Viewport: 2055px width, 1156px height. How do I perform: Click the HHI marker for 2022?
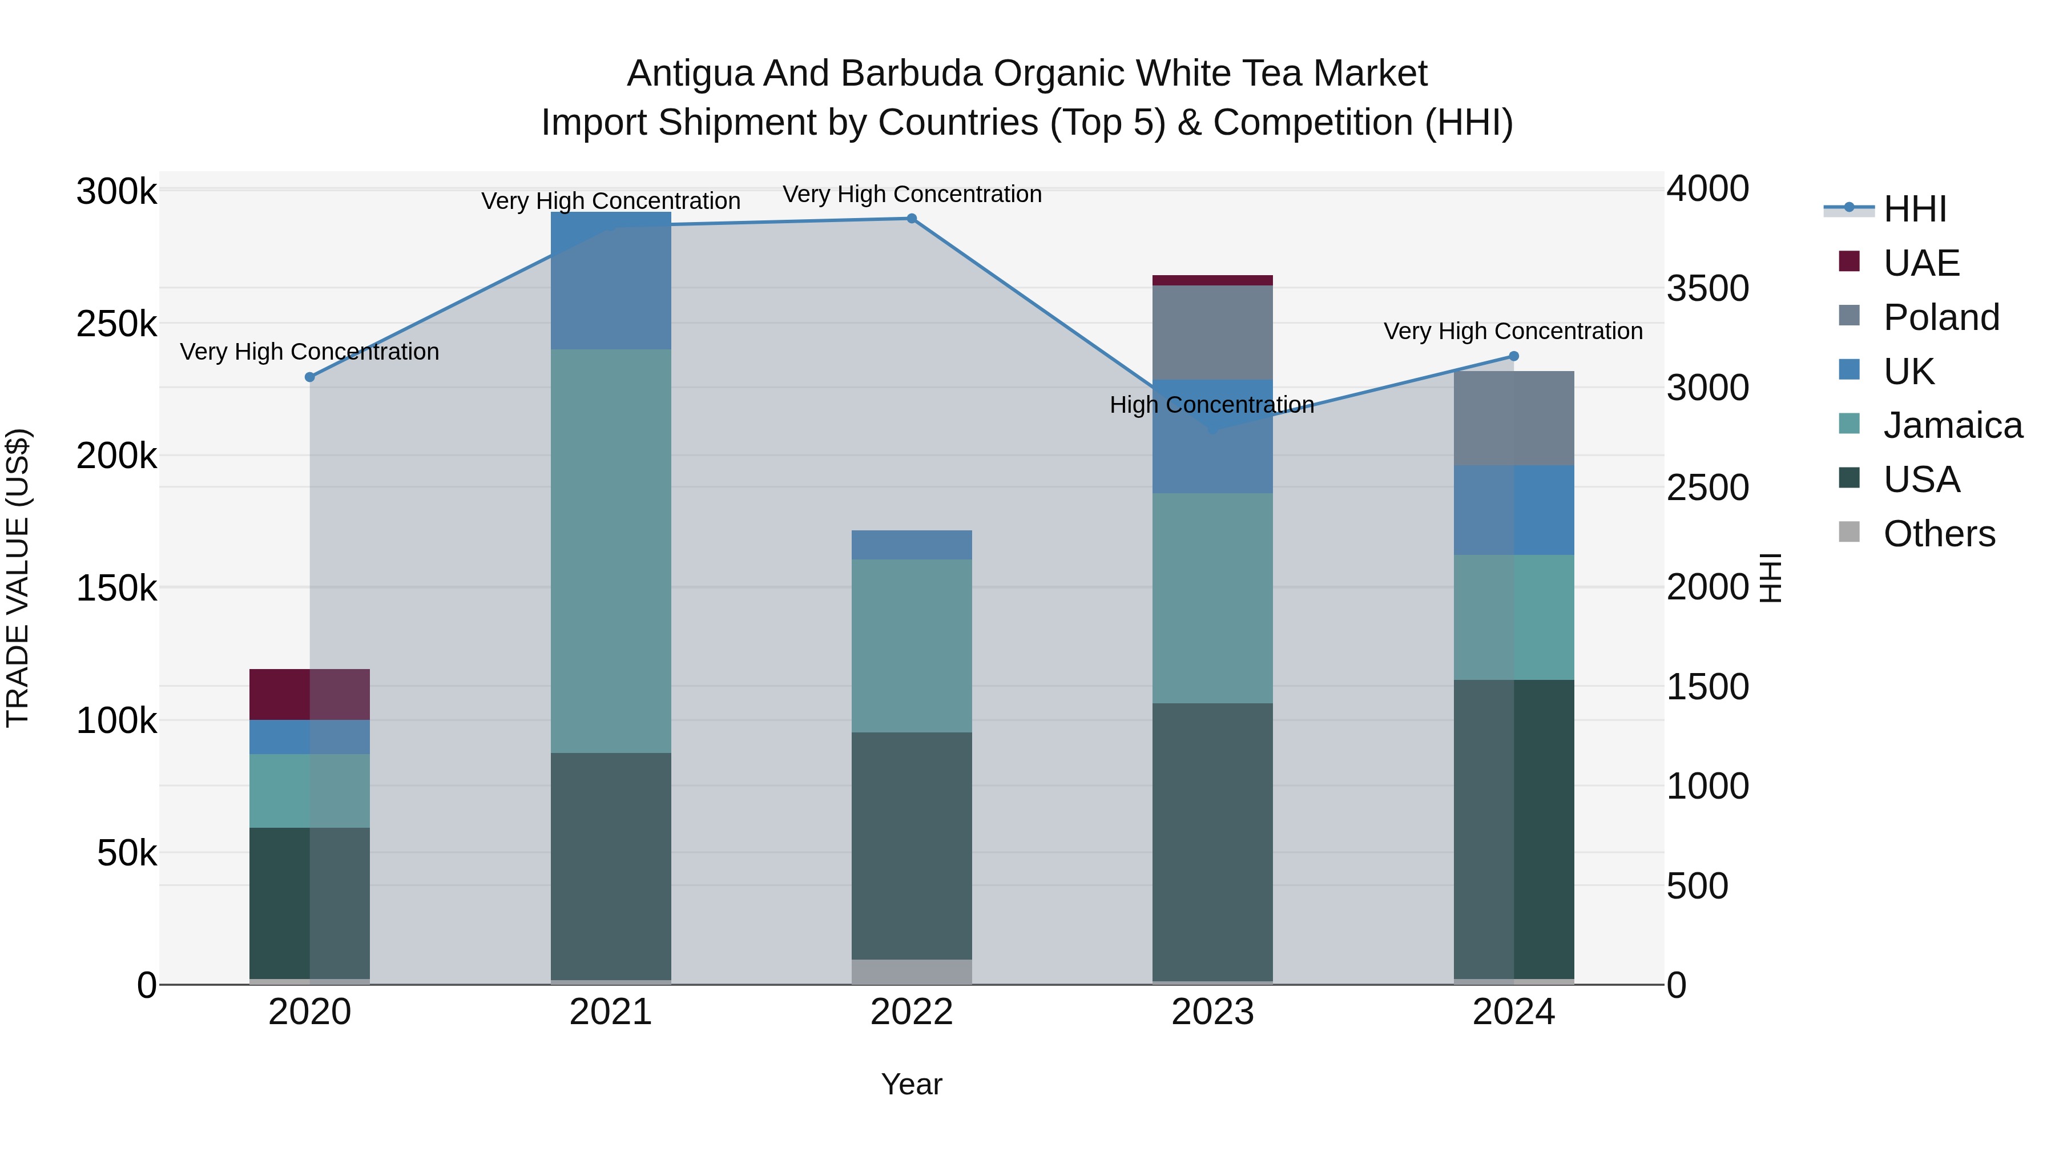tap(912, 219)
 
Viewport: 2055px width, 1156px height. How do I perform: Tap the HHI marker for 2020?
tap(311, 377)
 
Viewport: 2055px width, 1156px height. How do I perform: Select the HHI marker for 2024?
tap(1513, 357)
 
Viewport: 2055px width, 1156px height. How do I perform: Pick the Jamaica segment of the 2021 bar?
tap(611, 550)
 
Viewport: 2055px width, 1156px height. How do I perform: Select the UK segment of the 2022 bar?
tap(912, 545)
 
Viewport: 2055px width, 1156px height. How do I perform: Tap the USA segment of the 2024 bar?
tap(1513, 829)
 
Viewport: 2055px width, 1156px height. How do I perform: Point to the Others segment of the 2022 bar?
tap(912, 971)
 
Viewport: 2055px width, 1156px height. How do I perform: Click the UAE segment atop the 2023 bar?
tap(1212, 280)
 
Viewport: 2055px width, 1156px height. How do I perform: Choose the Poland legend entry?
tap(1941, 317)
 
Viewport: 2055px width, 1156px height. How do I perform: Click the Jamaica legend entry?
tap(1952, 426)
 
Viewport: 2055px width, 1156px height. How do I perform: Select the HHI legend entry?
tap(1915, 209)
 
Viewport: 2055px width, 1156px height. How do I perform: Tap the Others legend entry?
tap(1939, 534)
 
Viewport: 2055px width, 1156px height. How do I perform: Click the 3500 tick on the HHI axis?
tap(1707, 289)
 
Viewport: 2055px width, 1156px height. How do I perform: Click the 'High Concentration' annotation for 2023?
tap(1212, 405)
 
